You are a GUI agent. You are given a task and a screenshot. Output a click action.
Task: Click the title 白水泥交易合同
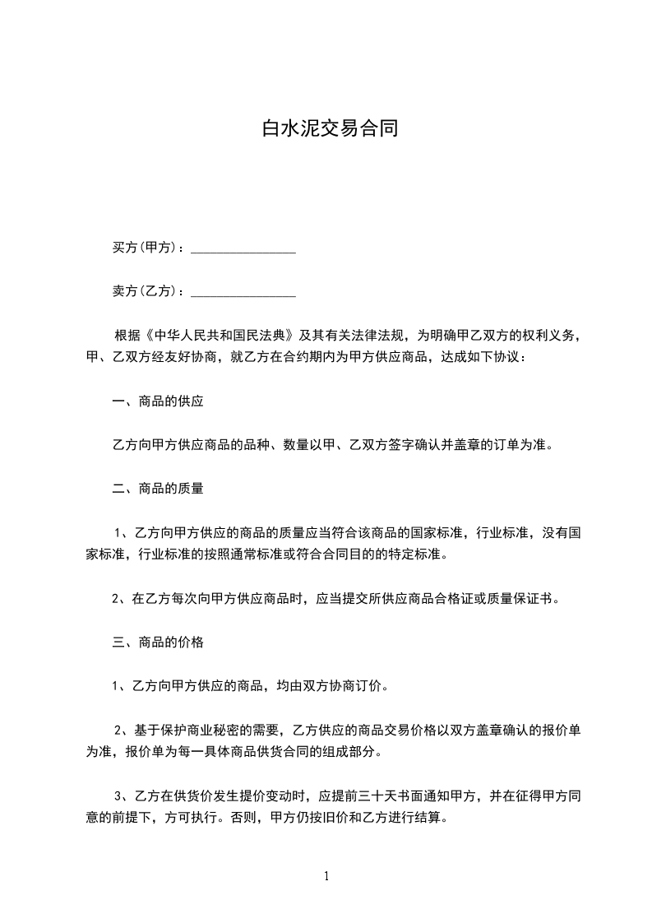[x=329, y=128]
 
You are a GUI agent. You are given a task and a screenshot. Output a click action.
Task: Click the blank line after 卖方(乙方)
[x=243, y=294]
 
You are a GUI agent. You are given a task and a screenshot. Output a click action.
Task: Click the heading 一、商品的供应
[x=158, y=402]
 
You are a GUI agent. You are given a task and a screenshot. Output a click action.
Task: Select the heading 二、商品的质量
[x=158, y=488]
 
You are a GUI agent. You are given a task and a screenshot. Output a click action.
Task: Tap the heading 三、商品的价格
[x=158, y=642]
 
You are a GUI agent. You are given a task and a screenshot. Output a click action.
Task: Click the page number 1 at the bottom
[x=326, y=876]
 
